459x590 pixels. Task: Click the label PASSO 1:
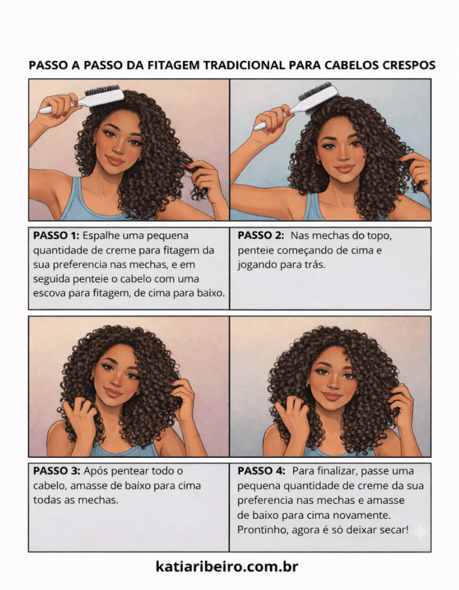tap(56, 236)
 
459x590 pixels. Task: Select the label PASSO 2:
tap(261, 236)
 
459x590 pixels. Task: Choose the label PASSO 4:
tap(261, 470)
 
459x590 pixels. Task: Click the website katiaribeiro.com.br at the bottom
tap(227, 566)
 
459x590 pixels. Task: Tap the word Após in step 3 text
tap(96, 471)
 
